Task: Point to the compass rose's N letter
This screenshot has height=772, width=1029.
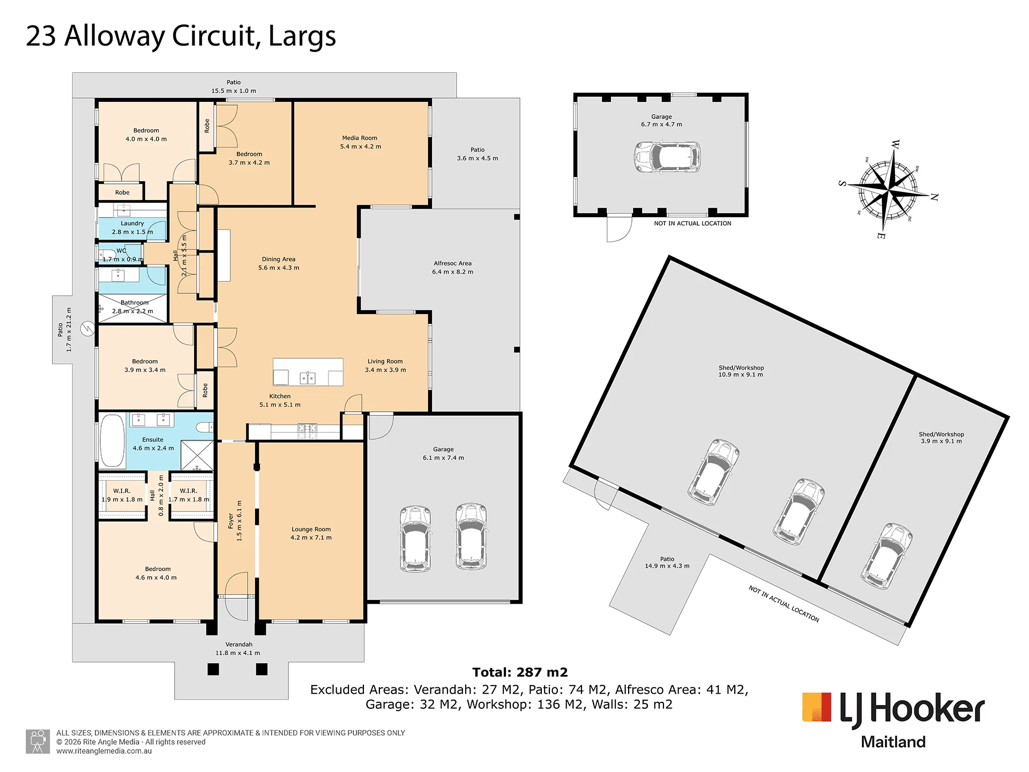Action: [934, 197]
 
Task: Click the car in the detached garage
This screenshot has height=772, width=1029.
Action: [667, 157]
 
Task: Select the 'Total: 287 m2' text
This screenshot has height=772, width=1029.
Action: [520, 672]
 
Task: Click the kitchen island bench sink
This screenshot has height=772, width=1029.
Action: [308, 378]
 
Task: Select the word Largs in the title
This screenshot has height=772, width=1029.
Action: [302, 36]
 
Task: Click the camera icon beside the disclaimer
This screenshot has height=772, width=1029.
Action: [38, 741]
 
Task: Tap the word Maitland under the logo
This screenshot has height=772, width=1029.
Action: [893, 742]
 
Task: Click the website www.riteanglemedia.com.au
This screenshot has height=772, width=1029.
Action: [104, 751]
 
